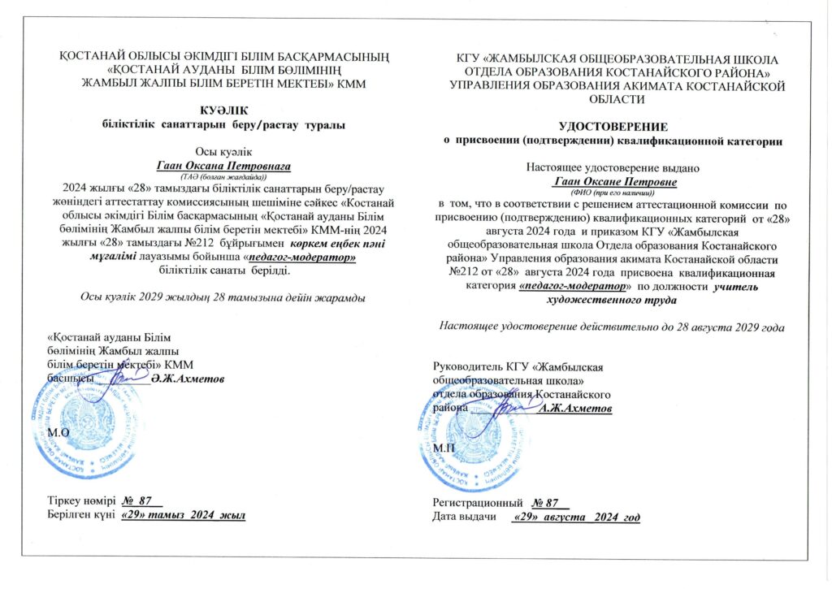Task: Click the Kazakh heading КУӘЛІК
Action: (x=220, y=110)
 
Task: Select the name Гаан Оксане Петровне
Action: (x=609, y=183)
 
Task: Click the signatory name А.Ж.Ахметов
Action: (x=576, y=409)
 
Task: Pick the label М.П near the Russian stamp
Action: (x=444, y=448)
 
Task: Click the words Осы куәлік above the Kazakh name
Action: (x=220, y=152)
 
